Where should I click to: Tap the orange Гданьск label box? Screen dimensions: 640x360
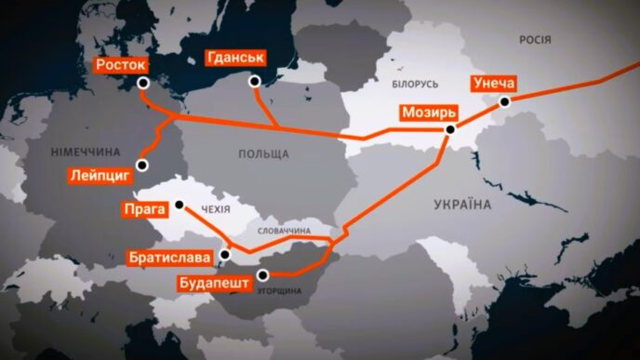tap(234, 59)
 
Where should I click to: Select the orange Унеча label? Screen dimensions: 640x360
tap(500, 82)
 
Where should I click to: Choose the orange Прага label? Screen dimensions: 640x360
tap(144, 210)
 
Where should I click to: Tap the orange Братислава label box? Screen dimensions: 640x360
tap(176, 255)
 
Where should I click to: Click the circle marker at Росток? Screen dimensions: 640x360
tap(143, 83)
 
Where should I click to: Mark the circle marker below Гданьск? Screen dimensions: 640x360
tap(255, 81)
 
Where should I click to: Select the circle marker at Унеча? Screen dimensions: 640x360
tap(505, 102)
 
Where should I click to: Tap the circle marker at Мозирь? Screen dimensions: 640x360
tap(450, 130)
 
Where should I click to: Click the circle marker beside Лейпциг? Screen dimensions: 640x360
tap(142, 166)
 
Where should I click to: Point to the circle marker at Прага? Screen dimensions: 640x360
tap(177, 205)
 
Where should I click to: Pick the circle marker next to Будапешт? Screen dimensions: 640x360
tap(263, 273)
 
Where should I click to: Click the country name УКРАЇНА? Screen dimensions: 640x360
tap(461, 202)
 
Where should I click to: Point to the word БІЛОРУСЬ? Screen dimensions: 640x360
tap(402, 84)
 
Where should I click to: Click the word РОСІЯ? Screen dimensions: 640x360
tap(535, 40)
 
